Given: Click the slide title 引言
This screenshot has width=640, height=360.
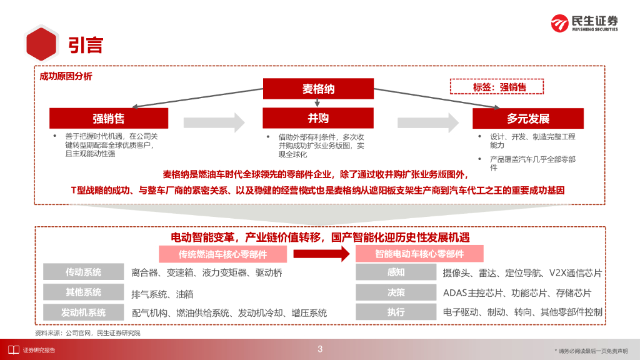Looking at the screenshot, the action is pos(86,45).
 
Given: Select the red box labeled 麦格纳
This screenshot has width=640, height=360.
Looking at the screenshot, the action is pos(318,89).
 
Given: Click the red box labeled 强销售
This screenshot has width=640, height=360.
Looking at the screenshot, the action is pos(109,119).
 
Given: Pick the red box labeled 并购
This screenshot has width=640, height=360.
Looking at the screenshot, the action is pos(318,118).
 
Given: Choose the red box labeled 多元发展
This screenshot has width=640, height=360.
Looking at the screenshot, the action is pos(527,119).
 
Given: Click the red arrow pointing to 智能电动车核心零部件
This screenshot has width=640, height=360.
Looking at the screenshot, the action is pos(321,254).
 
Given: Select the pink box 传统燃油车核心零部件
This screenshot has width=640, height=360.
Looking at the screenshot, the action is pos(222,254).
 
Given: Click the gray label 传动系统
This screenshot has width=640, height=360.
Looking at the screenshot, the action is pos(83,272).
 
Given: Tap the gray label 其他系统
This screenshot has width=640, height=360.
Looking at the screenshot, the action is pos(83,292).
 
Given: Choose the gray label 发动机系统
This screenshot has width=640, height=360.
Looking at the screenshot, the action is pos(83,312).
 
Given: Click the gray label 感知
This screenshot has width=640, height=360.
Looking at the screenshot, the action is pos(396,272).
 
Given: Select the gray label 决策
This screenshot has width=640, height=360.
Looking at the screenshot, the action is pos(396,292).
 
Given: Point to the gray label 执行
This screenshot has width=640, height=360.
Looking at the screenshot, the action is pos(396,312).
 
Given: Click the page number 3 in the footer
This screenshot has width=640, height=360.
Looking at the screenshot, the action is pos(320,349).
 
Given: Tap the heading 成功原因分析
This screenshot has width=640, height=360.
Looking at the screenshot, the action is pos(66,76).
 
